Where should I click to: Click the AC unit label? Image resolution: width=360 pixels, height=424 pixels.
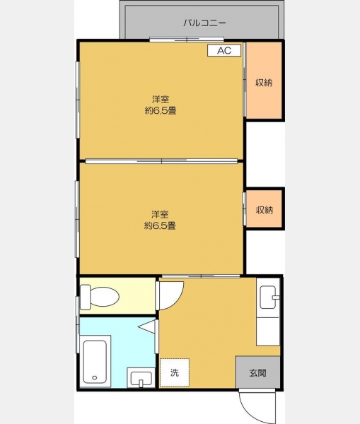(x=224, y=51)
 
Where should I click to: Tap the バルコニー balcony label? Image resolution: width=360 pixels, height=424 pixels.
(x=204, y=23)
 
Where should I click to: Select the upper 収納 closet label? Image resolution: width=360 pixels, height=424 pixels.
(x=264, y=83)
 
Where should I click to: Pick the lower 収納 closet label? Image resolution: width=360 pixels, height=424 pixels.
(x=265, y=210)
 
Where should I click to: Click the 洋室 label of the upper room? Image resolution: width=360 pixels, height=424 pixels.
(x=161, y=99)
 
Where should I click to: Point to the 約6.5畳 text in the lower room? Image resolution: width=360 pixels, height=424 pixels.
(x=160, y=225)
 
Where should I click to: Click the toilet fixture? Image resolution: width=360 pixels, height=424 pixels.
(x=100, y=297)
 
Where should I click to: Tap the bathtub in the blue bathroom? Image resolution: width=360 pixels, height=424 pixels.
(x=95, y=362)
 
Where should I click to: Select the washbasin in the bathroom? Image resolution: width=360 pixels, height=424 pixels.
(x=141, y=378)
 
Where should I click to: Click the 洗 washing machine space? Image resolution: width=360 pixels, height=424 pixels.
(x=175, y=372)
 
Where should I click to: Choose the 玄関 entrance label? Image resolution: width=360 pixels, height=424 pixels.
(x=257, y=373)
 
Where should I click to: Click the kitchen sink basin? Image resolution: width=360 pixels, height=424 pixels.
(x=268, y=298)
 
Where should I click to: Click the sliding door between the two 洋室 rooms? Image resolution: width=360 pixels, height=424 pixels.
(x=161, y=161)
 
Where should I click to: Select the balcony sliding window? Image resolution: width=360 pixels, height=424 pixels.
(x=187, y=40)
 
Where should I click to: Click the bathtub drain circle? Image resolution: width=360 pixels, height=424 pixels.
(x=95, y=377)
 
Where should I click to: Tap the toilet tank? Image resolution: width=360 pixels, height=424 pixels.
(x=86, y=297)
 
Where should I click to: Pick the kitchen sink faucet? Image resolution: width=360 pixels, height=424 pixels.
(x=276, y=298)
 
